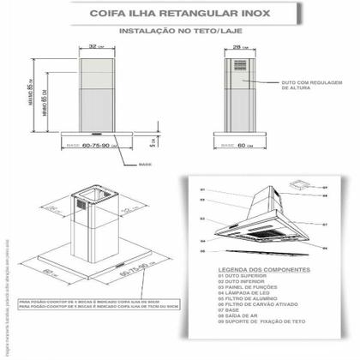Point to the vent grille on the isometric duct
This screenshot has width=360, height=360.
click(87, 206)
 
